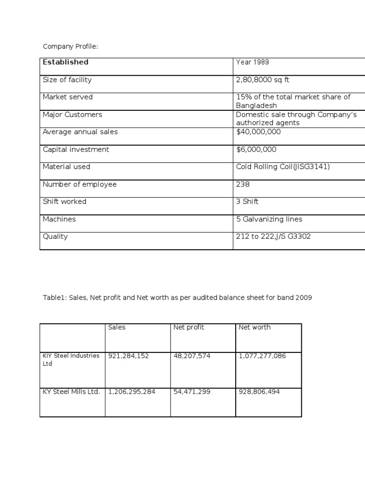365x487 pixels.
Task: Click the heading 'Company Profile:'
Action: (70, 46)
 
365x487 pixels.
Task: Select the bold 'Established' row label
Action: (66, 62)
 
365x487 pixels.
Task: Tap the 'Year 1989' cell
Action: (252, 62)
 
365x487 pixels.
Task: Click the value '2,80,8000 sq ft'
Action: (262, 80)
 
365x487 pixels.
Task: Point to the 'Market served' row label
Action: (67, 97)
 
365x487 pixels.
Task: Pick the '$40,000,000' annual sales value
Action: (258, 132)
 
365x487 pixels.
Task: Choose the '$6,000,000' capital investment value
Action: (256, 149)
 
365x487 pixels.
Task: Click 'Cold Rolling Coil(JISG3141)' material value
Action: (283, 166)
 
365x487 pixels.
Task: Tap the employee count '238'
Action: (243, 184)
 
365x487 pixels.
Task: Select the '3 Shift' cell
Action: (247, 202)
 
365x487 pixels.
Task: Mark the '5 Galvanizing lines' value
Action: (269, 219)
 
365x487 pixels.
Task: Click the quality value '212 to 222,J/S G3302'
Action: (273, 236)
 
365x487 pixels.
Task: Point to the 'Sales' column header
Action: (117, 327)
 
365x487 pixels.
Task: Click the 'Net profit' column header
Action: (189, 327)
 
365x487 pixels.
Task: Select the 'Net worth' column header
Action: (255, 327)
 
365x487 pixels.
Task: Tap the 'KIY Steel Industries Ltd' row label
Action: (71, 360)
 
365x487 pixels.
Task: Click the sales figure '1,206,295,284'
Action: (132, 392)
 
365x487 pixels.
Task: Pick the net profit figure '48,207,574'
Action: (192, 356)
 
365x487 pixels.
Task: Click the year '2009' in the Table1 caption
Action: (303, 298)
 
